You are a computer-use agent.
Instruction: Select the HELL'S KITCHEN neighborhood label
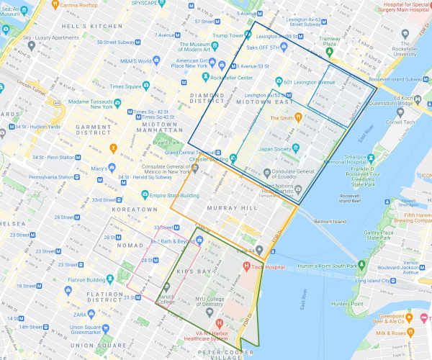(91, 27)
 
